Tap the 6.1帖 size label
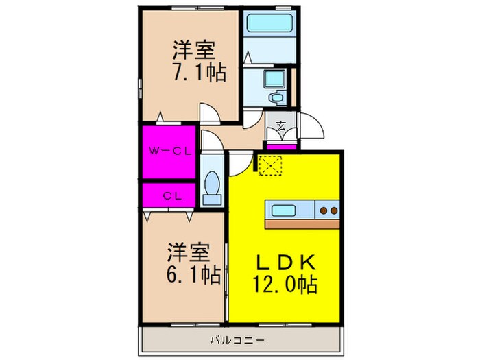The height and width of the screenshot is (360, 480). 193,274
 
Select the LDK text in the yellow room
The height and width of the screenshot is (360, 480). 286,262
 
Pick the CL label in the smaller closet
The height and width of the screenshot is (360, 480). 170,195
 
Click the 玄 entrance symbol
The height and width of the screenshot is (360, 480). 281,125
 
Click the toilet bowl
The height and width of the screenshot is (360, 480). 213,186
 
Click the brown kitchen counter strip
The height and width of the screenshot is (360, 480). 302,224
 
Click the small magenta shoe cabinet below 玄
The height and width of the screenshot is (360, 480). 280,145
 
